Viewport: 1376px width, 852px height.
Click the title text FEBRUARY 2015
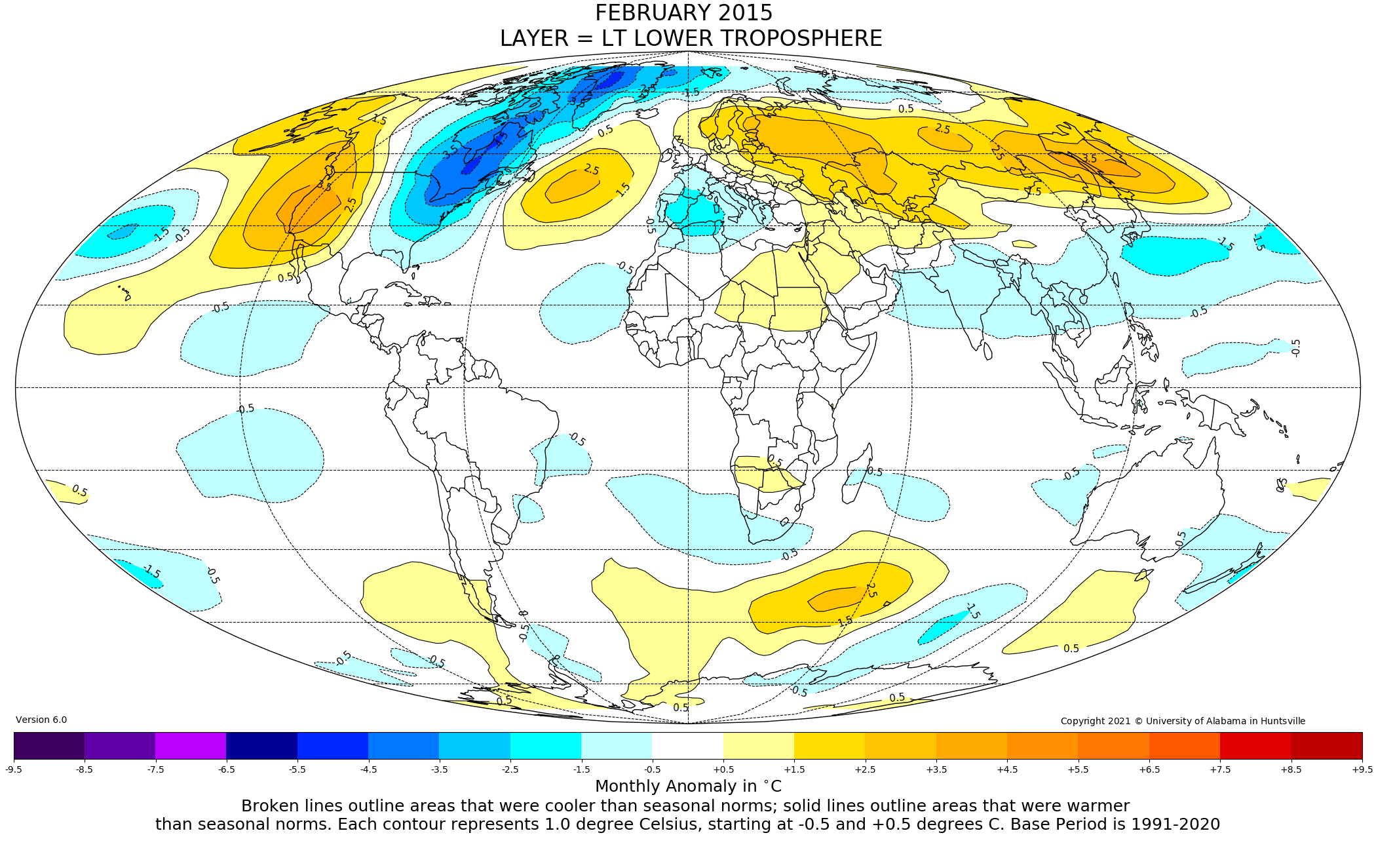pos(683,13)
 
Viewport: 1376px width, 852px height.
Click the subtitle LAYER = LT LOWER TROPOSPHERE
pos(691,39)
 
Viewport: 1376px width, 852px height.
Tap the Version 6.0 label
pos(41,720)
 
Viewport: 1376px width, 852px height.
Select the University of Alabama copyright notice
pos(1183,721)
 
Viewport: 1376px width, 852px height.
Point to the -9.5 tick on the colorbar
pos(14,769)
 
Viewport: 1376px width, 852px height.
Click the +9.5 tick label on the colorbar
pos(1362,769)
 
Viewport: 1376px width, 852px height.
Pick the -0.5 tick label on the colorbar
pos(652,769)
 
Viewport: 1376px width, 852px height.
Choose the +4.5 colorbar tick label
pos(1007,769)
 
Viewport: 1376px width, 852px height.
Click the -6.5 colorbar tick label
pos(226,769)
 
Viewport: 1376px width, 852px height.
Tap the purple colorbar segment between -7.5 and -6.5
pos(191,745)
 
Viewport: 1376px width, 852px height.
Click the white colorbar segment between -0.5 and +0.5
pos(687,745)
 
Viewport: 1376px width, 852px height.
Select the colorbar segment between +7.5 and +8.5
pos(1255,745)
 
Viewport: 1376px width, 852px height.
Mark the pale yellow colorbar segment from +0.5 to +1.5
pos(759,745)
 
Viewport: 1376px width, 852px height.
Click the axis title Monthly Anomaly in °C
pos(688,786)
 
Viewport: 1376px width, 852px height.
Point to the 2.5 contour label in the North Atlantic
pos(591,170)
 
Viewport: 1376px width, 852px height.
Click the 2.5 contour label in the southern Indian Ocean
pos(871,589)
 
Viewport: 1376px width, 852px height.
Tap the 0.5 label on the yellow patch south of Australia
pos(1071,648)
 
